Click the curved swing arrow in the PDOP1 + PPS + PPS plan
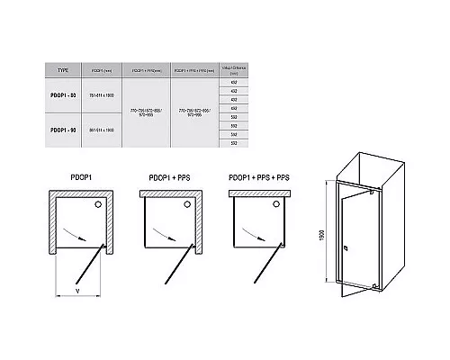point(261,238)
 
